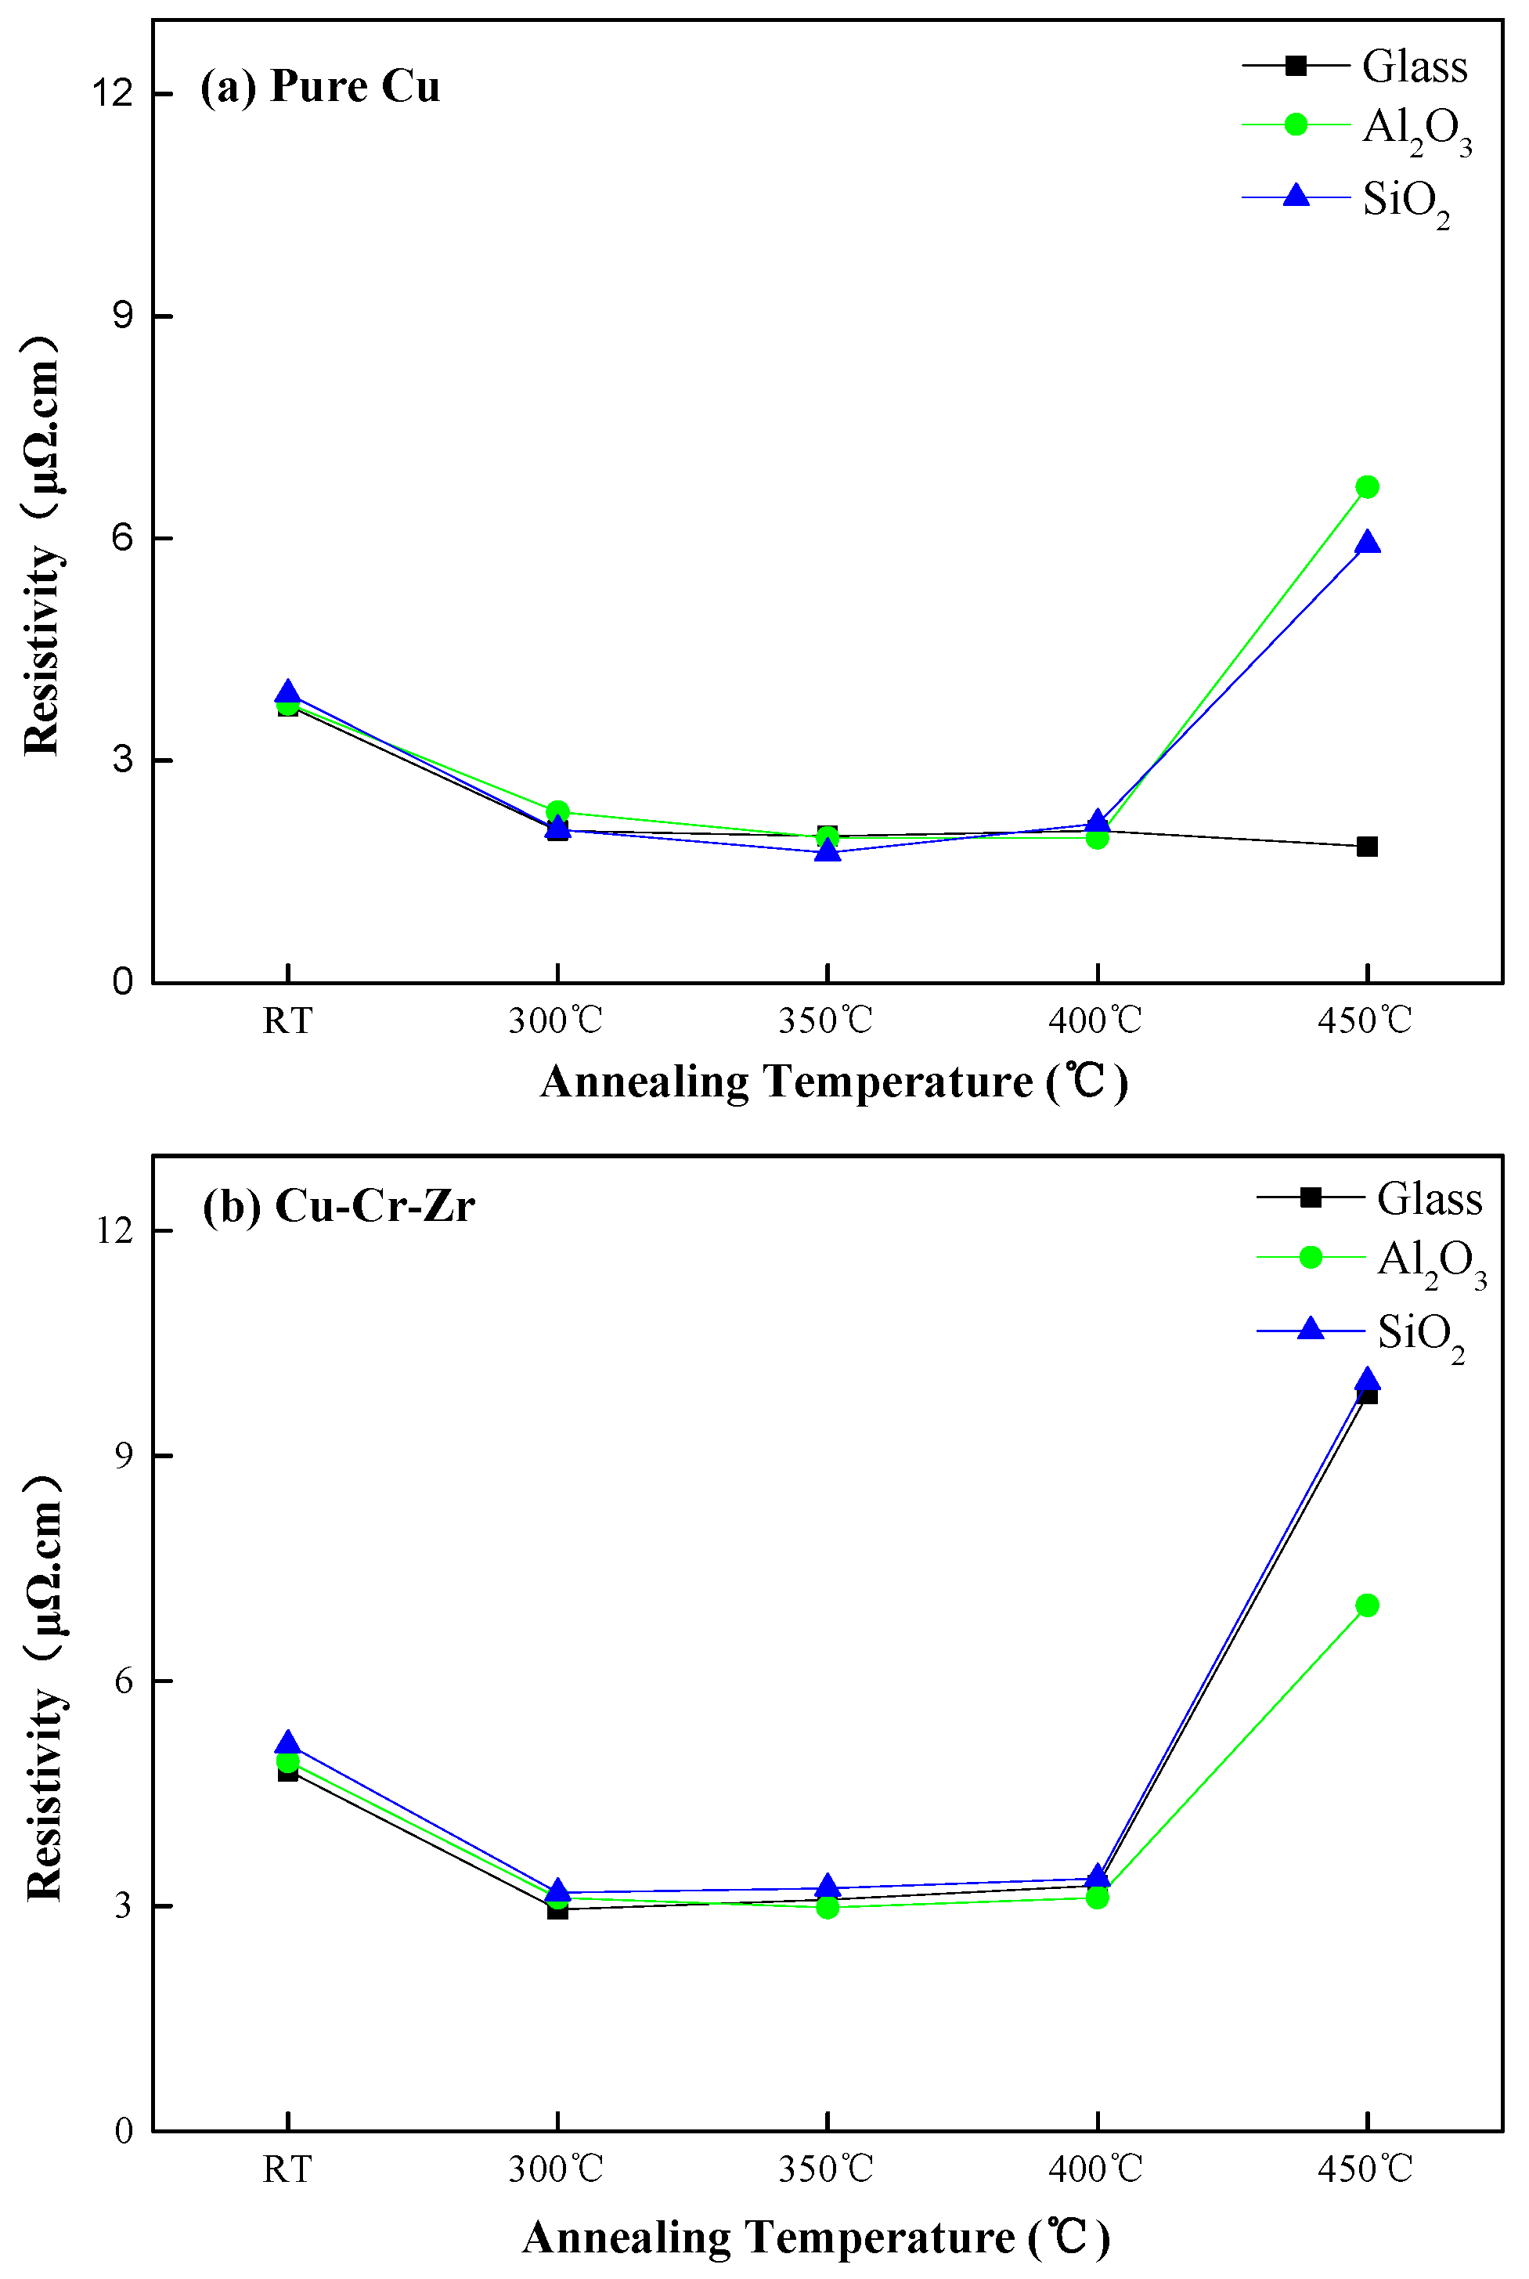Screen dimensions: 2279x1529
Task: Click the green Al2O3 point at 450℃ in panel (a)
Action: pyautogui.click(x=1366, y=486)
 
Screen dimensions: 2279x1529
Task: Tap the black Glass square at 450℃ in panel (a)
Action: pyautogui.click(x=1366, y=847)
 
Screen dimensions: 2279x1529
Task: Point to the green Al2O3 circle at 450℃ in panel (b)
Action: pyautogui.click(x=1366, y=1604)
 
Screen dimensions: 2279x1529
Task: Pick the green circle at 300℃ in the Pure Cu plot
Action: pyautogui.click(x=557, y=811)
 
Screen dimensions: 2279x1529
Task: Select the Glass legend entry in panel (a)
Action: pyautogui.click(x=1414, y=67)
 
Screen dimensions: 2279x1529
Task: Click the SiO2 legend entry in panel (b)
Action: pyautogui.click(x=1420, y=1332)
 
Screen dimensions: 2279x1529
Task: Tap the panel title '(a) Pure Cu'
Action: pyautogui.click(x=320, y=86)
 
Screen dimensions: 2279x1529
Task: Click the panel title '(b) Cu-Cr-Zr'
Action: pyautogui.click(x=337, y=1205)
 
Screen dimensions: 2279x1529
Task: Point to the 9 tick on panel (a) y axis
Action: pyautogui.click(x=122, y=316)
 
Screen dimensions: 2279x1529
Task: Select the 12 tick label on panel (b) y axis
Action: pyautogui.click(x=114, y=1230)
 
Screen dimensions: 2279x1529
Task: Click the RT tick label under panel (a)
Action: pyautogui.click(x=287, y=1021)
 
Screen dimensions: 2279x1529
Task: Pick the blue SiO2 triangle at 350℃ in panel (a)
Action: pyautogui.click(x=827, y=851)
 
